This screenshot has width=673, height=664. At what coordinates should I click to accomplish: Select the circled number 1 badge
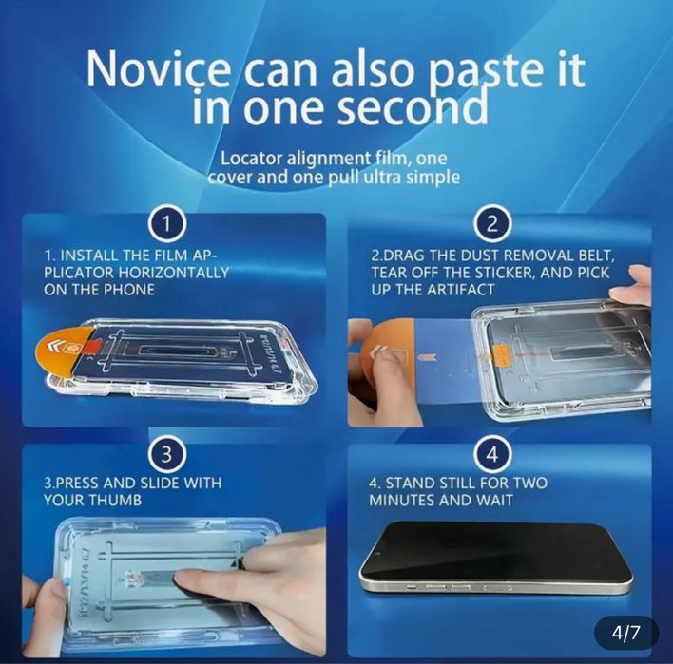point(168,225)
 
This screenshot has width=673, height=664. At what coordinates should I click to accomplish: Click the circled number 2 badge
point(492,225)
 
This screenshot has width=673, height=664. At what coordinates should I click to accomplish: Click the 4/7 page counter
point(626,632)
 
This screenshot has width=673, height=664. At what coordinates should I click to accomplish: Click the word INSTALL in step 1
point(90,256)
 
